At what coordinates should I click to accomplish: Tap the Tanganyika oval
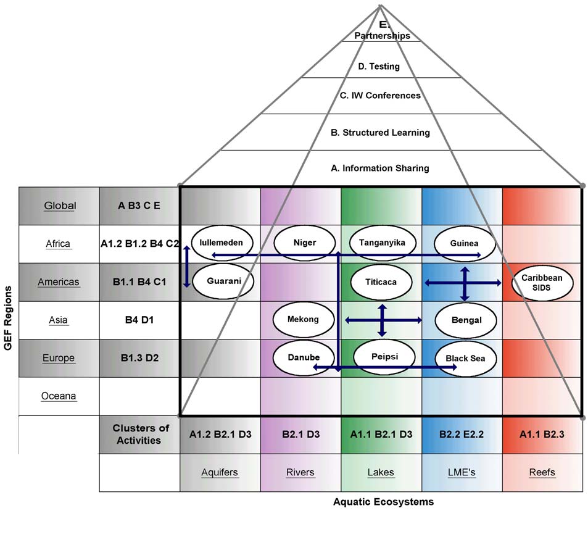tap(382, 243)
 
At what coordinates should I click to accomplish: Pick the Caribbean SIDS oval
tap(542, 282)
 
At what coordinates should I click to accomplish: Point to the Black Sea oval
tap(465, 358)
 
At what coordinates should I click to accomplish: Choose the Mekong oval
tap(303, 320)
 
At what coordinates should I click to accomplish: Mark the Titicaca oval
tap(381, 282)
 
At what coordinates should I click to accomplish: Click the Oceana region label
tap(59, 396)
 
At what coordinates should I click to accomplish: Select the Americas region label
tap(59, 282)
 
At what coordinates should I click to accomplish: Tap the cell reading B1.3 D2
tap(139, 358)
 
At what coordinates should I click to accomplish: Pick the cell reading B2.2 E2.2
tap(462, 435)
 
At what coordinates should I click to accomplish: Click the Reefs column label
tap(542, 473)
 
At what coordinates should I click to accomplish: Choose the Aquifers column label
tap(220, 473)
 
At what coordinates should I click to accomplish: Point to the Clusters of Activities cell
tap(140, 435)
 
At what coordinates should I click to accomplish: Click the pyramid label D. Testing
tap(379, 67)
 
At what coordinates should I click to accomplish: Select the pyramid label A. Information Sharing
tap(380, 168)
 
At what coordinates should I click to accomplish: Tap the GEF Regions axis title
tap(9, 318)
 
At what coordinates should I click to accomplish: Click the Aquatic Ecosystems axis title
tap(383, 502)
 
